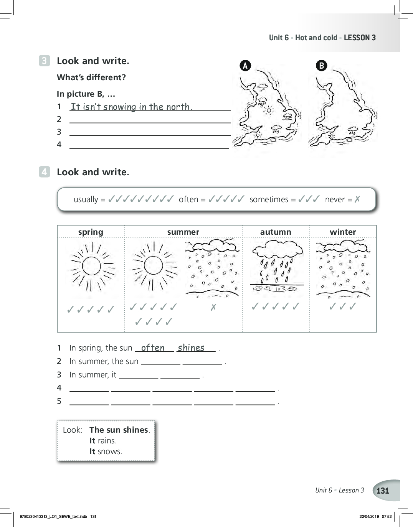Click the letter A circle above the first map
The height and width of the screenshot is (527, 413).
click(x=245, y=66)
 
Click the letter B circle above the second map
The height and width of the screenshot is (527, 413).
click(x=321, y=66)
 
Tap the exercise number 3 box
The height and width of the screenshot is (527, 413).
click(x=45, y=61)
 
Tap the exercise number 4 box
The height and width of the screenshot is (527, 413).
click(x=45, y=172)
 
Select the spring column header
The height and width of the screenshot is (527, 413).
click(x=91, y=232)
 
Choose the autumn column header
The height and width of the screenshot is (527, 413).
click(x=276, y=232)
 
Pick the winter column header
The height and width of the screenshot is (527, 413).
click(x=343, y=232)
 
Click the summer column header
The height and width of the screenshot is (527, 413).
click(x=183, y=232)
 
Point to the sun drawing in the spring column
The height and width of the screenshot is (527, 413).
click(x=91, y=266)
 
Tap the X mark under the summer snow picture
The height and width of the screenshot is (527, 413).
click(x=213, y=307)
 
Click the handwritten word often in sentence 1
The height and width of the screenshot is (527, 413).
click(x=153, y=348)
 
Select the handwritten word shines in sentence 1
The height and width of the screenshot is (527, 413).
click(x=191, y=348)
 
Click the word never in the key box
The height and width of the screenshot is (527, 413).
click(x=335, y=199)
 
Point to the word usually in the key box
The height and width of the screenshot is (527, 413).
click(x=86, y=199)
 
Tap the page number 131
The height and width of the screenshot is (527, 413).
click(x=383, y=491)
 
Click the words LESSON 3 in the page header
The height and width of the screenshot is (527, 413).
click(x=360, y=38)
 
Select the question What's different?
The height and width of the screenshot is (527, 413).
click(x=91, y=77)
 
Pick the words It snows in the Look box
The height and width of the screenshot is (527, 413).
click(x=106, y=451)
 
